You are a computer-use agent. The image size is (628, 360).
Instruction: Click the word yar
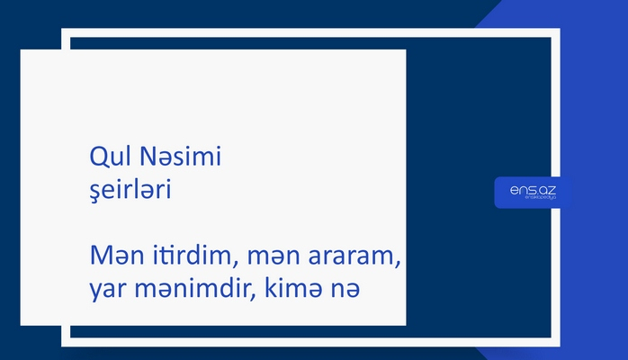109,292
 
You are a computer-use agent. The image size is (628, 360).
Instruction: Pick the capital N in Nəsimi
149,157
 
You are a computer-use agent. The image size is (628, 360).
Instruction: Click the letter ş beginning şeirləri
94,193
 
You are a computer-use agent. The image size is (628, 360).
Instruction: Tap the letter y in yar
95,293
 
